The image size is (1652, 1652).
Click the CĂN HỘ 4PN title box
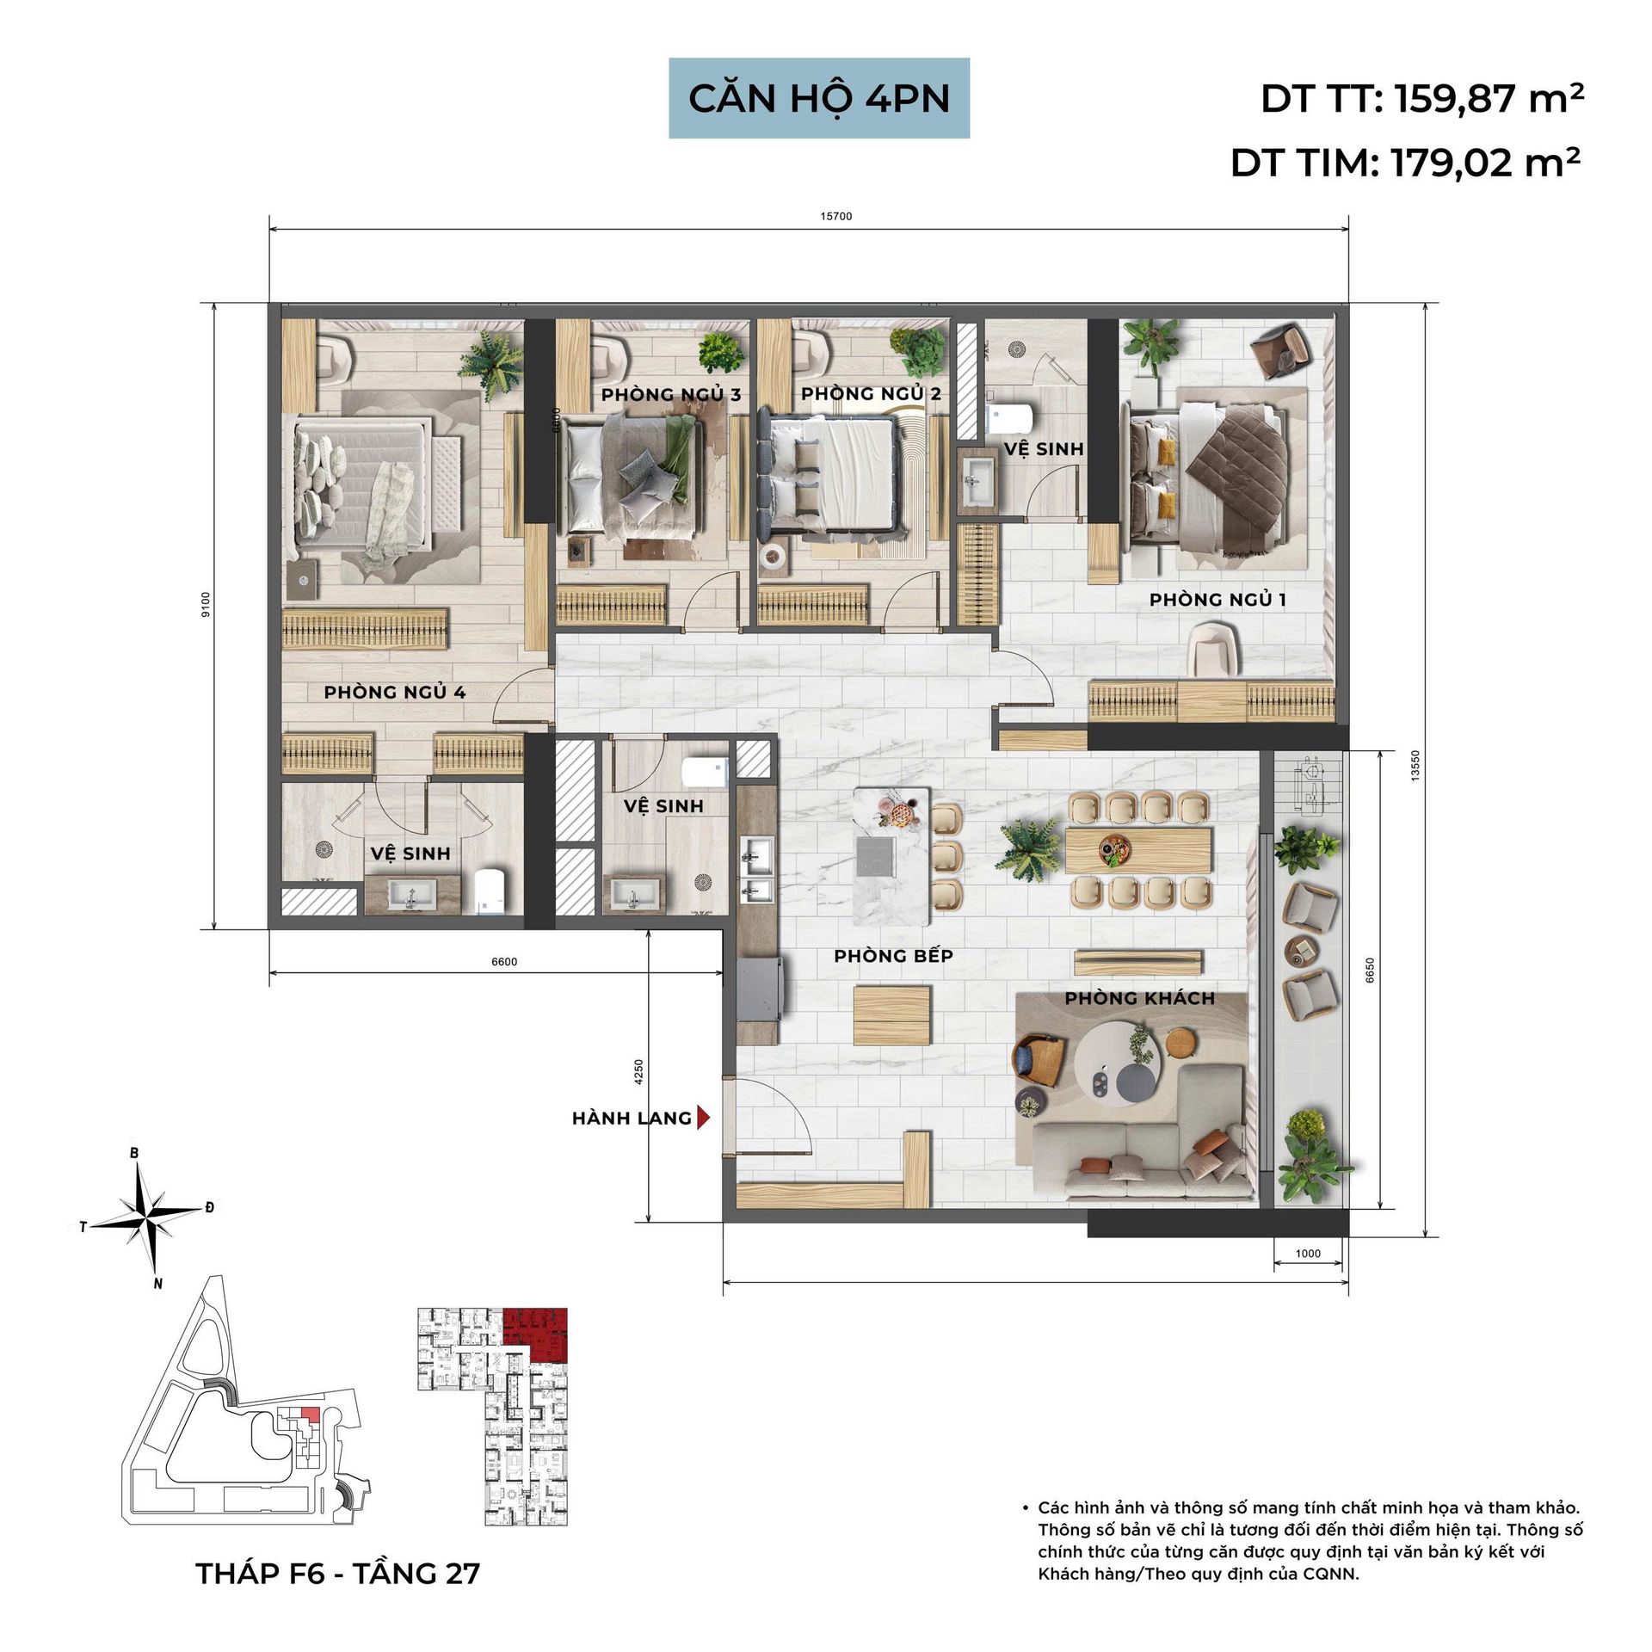[x=819, y=98]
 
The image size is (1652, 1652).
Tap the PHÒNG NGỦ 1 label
[x=1217, y=600]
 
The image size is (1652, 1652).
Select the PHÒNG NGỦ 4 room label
[x=395, y=692]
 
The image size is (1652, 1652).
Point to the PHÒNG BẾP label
[x=893, y=956]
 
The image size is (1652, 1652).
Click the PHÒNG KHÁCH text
[x=1140, y=998]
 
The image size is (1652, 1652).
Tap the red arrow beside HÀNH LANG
[x=704, y=1118]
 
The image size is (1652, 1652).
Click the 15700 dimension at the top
[x=836, y=216]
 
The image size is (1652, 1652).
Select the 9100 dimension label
[x=205, y=605]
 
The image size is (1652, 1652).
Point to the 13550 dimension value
[x=1415, y=765]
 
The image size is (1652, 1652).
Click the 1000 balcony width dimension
[x=1308, y=1254]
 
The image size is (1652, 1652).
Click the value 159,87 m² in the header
[x=1489, y=99]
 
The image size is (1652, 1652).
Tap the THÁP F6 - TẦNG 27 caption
[x=338, y=1574]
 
